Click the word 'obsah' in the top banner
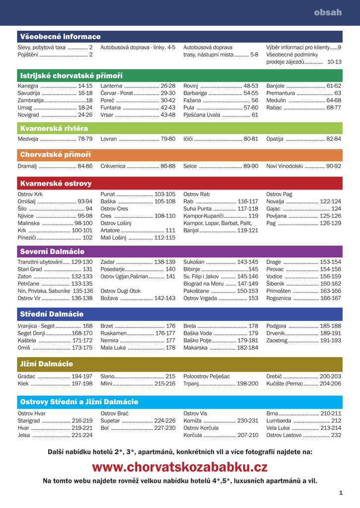click(328, 12)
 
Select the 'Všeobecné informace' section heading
click(60, 37)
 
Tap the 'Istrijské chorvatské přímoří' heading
click(71, 75)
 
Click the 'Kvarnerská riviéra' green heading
click(54, 128)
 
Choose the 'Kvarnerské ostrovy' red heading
click(56, 184)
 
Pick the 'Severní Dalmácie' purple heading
click(52, 252)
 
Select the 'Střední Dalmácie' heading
click(52, 314)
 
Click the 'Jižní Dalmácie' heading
click(46, 364)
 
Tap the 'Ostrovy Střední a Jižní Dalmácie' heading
click(79, 401)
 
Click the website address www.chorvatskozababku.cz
click(180, 467)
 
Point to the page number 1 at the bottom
click(341, 493)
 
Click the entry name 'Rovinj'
click(191, 86)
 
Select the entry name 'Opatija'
click(275, 139)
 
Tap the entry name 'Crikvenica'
click(113, 166)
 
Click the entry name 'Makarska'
click(195, 348)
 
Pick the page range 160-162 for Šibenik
click(331, 284)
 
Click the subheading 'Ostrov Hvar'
click(31, 413)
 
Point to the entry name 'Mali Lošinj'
click(114, 238)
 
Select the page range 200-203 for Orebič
click(330, 377)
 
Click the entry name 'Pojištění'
click(28, 55)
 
